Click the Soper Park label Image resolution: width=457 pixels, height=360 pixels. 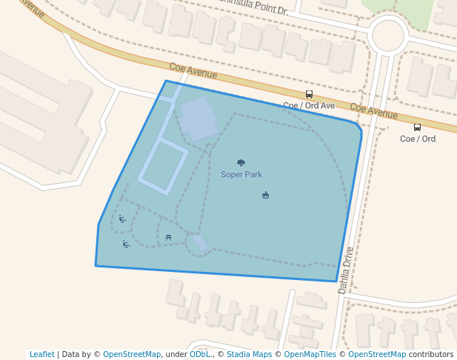coord(241,175)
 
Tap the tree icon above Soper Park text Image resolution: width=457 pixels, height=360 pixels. coord(241,162)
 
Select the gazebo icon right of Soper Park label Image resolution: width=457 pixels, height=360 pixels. coord(265,195)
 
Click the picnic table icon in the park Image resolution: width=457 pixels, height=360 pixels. coord(169,237)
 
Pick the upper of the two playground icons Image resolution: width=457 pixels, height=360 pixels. coord(122,219)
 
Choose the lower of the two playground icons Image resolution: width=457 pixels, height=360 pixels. coord(126,244)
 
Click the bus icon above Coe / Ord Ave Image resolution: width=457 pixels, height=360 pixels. coord(309,94)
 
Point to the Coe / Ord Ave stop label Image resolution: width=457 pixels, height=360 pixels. coord(309,106)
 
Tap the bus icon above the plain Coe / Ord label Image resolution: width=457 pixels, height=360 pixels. coord(417,127)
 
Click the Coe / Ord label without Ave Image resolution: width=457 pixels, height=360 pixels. coord(418,139)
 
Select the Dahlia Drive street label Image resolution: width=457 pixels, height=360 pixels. coord(347,270)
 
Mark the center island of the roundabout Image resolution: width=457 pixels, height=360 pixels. coord(388,35)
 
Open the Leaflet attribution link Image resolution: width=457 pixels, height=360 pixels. coord(42,354)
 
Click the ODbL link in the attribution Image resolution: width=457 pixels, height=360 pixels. coord(199,354)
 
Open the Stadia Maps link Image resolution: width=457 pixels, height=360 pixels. coord(248,354)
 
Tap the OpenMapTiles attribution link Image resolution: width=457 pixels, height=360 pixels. coord(310,354)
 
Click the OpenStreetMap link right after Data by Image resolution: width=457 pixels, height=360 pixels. coord(132,354)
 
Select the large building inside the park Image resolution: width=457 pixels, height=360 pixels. coord(198,118)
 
